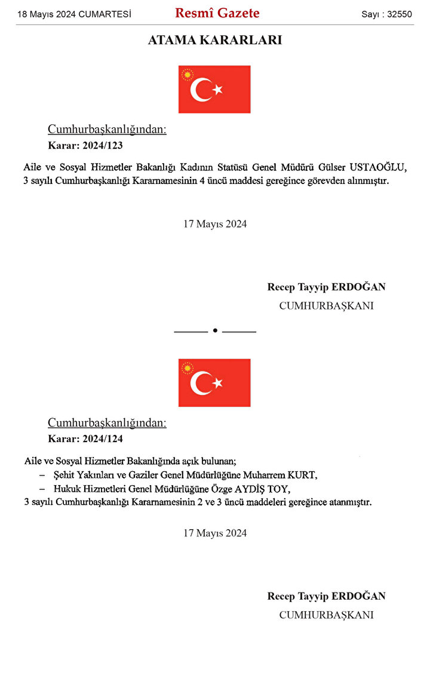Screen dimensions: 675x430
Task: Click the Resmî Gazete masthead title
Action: coord(217,13)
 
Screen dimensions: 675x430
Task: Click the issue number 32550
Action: coord(400,14)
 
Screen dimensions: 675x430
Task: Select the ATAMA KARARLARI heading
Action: coord(215,41)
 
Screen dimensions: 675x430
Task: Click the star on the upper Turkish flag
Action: coord(217,90)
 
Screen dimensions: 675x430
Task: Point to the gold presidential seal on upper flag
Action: coord(188,75)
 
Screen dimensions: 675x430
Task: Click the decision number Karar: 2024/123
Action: coord(85,145)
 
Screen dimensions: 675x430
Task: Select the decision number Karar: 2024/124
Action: coord(85,438)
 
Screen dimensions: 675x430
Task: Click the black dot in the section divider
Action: coord(215,330)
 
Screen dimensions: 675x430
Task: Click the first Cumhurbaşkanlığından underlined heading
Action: coord(107,130)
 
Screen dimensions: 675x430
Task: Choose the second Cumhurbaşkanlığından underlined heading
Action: coord(107,423)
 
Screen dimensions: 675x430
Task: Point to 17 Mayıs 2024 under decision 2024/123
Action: coord(215,224)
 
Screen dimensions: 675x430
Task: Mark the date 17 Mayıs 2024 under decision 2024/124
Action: coord(215,533)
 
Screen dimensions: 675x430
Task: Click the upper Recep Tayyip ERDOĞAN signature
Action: coord(326,287)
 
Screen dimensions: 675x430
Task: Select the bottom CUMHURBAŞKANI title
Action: coord(326,615)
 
